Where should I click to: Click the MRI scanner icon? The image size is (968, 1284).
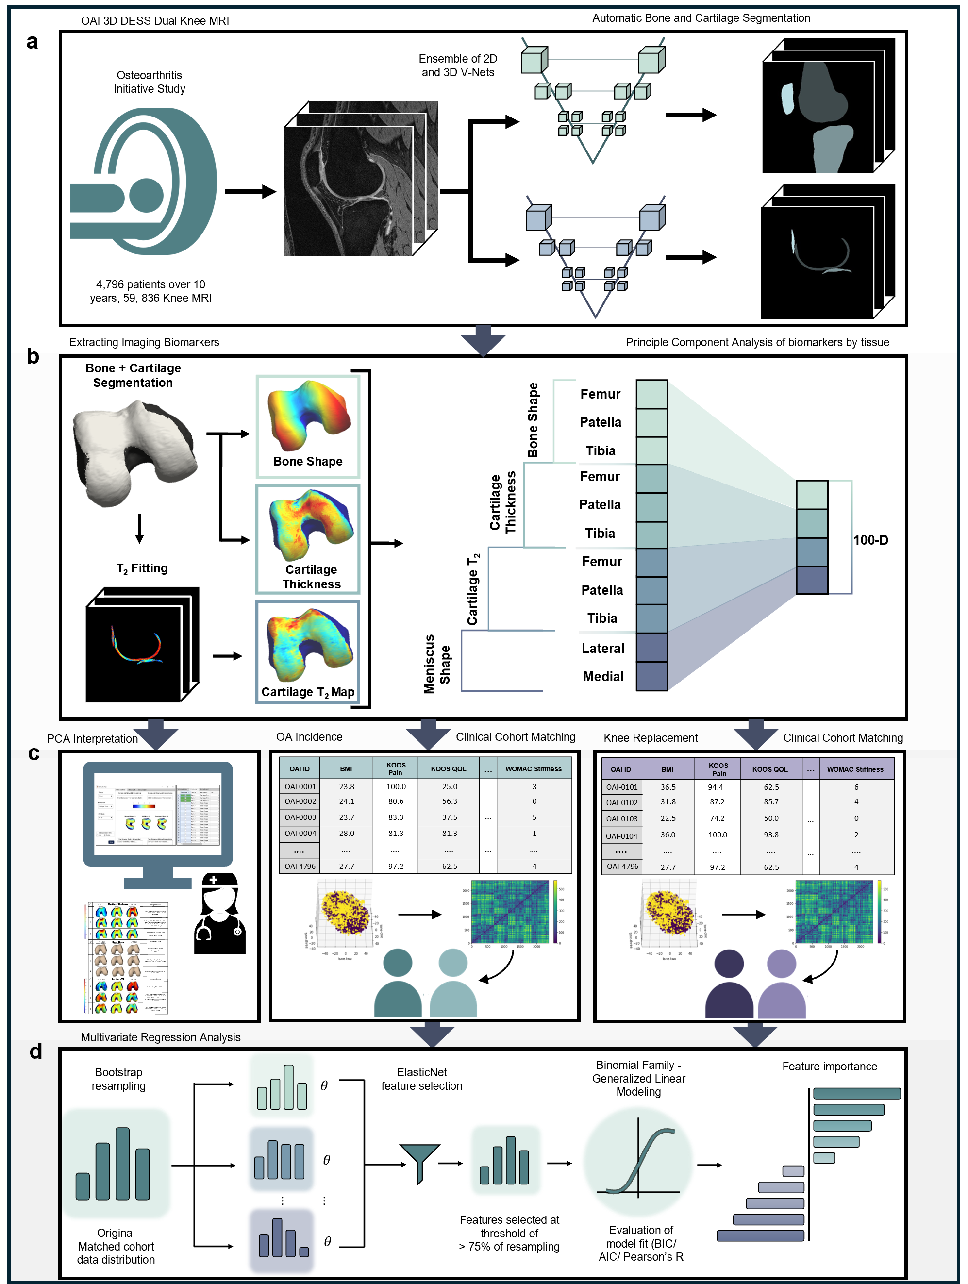click(x=143, y=181)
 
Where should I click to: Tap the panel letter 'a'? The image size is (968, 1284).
click(x=32, y=42)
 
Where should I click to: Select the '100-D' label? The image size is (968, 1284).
click(x=870, y=540)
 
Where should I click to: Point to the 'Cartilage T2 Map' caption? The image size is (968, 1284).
click(x=308, y=692)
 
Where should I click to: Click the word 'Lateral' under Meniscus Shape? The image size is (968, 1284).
click(x=603, y=649)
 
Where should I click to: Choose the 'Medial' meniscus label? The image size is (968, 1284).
click(x=603, y=676)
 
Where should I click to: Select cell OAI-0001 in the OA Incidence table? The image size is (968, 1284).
click(x=300, y=786)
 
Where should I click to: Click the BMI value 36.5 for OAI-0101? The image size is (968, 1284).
click(x=668, y=787)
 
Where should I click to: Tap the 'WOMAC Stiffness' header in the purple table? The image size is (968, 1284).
click(x=855, y=769)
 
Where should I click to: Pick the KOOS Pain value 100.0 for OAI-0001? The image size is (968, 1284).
click(x=396, y=786)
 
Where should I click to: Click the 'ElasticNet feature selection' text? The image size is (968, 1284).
click(x=421, y=1079)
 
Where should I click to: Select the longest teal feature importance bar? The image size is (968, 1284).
click(x=856, y=1094)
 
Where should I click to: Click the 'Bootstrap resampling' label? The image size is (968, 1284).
click(x=118, y=1079)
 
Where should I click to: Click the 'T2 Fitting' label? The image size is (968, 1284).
click(x=142, y=568)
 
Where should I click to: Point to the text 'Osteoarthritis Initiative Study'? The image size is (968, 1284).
click(x=149, y=82)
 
